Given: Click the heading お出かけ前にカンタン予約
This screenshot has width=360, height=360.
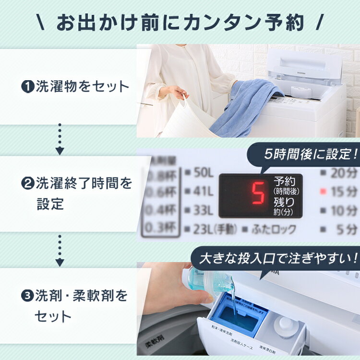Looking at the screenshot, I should (180, 23).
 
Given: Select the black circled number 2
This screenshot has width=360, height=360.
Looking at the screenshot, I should (27, 183).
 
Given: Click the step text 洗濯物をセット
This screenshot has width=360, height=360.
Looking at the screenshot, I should (82, 87).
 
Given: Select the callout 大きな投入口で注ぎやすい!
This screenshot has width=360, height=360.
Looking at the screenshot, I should (279, 259).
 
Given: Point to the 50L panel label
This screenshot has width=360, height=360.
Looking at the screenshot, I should (200, 172).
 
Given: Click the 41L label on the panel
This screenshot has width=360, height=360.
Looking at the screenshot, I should (200, 191).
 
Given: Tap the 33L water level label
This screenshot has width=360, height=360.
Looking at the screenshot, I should (200, 210).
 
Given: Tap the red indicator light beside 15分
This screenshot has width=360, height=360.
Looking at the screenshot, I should (323, 191).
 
